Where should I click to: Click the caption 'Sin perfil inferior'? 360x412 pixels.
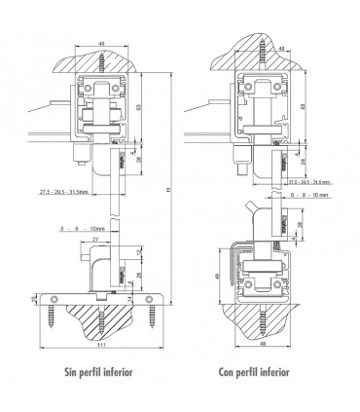(97, 371)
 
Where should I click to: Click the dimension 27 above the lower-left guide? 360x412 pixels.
(94, 239)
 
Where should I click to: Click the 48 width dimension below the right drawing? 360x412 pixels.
(263, 342)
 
